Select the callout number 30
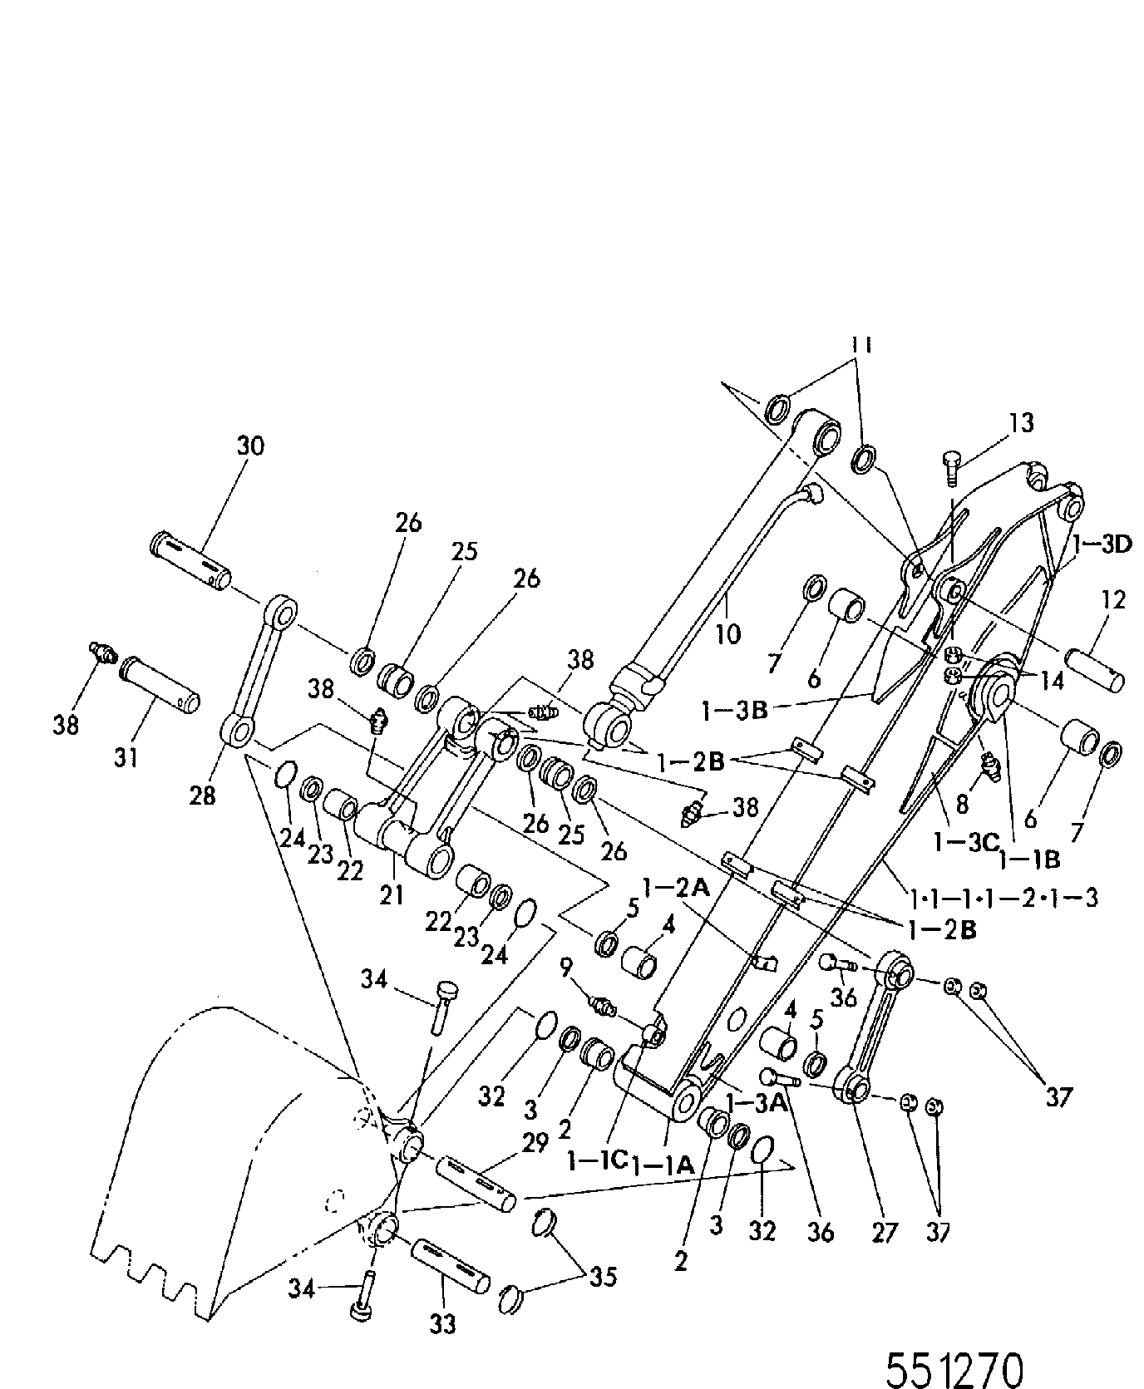pyautogui.click(x=249, y=446)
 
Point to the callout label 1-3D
pyautogui.click(x=1102, y=545)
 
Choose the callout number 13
pyautogui.click(x=1022, y=422)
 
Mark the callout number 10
pyautogui.click(x=727, y=634)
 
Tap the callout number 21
pyautogui.click(x=392, y=895)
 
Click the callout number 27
pyautogui.click(x=885, y=1231)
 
